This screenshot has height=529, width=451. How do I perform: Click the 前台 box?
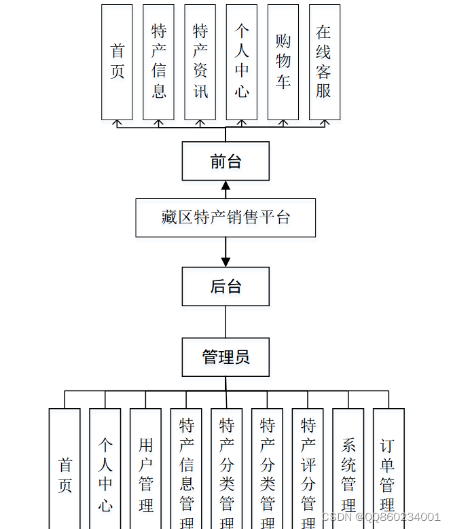(225, 162)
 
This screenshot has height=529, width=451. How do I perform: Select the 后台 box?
(225, 286)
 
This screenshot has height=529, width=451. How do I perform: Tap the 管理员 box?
(225, 357)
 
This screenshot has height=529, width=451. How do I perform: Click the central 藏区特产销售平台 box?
(225, 217)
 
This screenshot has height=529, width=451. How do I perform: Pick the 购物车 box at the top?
(283, 62)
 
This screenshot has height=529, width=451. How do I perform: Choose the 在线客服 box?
(324, 62)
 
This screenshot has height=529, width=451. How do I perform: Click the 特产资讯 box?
(200, 62)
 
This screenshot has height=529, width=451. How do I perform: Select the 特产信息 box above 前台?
(158, 62)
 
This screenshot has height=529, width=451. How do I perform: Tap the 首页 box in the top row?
(117, 62)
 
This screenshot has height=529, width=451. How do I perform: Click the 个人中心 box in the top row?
(242, 62)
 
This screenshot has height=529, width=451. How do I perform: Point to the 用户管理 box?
(145, 469)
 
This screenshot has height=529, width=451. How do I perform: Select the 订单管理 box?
(389, 469)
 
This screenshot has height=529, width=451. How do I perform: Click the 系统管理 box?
(348, 469)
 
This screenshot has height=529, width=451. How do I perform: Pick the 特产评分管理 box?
(308, 469)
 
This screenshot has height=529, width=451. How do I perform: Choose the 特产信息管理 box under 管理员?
(186, 469)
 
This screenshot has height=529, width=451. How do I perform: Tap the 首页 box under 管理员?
(65, 469)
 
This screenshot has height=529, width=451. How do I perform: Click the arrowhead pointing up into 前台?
(225, 185)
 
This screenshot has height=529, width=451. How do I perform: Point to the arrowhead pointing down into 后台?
(225, 261)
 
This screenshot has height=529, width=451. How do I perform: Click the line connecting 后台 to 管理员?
(225, 322)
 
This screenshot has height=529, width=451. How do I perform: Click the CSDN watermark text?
(380, 517)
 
